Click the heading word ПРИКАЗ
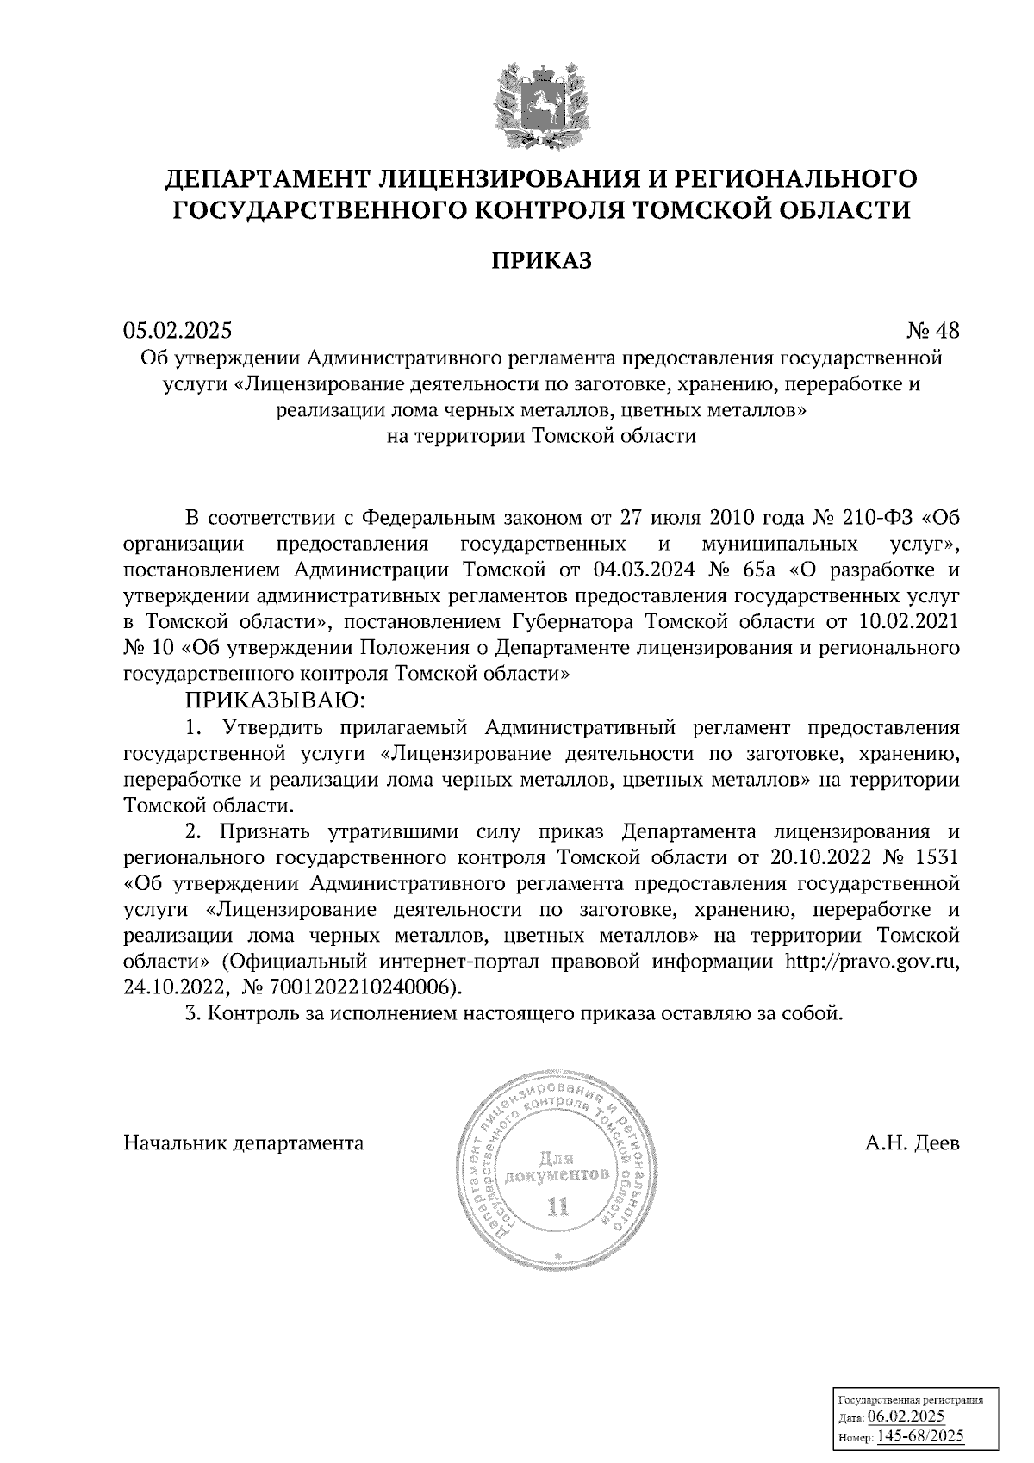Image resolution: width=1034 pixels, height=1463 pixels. click(541, 260)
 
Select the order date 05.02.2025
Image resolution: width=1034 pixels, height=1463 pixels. click(178, 330)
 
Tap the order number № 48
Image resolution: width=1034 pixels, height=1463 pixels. click(931, 331)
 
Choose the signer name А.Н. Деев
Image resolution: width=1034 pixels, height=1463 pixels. click(913, 1143)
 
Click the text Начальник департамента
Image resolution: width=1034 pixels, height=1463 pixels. click(244, 1143)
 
